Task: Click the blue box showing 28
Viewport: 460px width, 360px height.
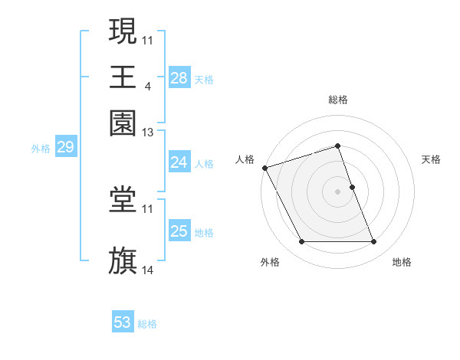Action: pos(179,77)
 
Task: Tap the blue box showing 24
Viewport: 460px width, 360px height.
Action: pos(179,162)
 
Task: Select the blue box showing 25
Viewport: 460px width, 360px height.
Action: pos(179,231)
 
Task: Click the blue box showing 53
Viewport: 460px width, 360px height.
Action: pos(123,322)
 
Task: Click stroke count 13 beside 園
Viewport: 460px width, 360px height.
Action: pos(148,133)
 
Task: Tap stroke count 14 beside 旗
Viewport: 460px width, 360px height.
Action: pos(148,270)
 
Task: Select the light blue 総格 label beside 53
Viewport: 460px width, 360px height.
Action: pos(147,324)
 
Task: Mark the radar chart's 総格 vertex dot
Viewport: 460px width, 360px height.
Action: pos(337,146)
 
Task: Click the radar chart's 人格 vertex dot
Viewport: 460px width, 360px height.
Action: pos(264,168)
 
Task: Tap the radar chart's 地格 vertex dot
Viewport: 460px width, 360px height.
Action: pos(374,242)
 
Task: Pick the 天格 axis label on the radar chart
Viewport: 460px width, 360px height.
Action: pos(431,159)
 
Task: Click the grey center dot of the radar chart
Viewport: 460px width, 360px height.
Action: pos(337,191)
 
